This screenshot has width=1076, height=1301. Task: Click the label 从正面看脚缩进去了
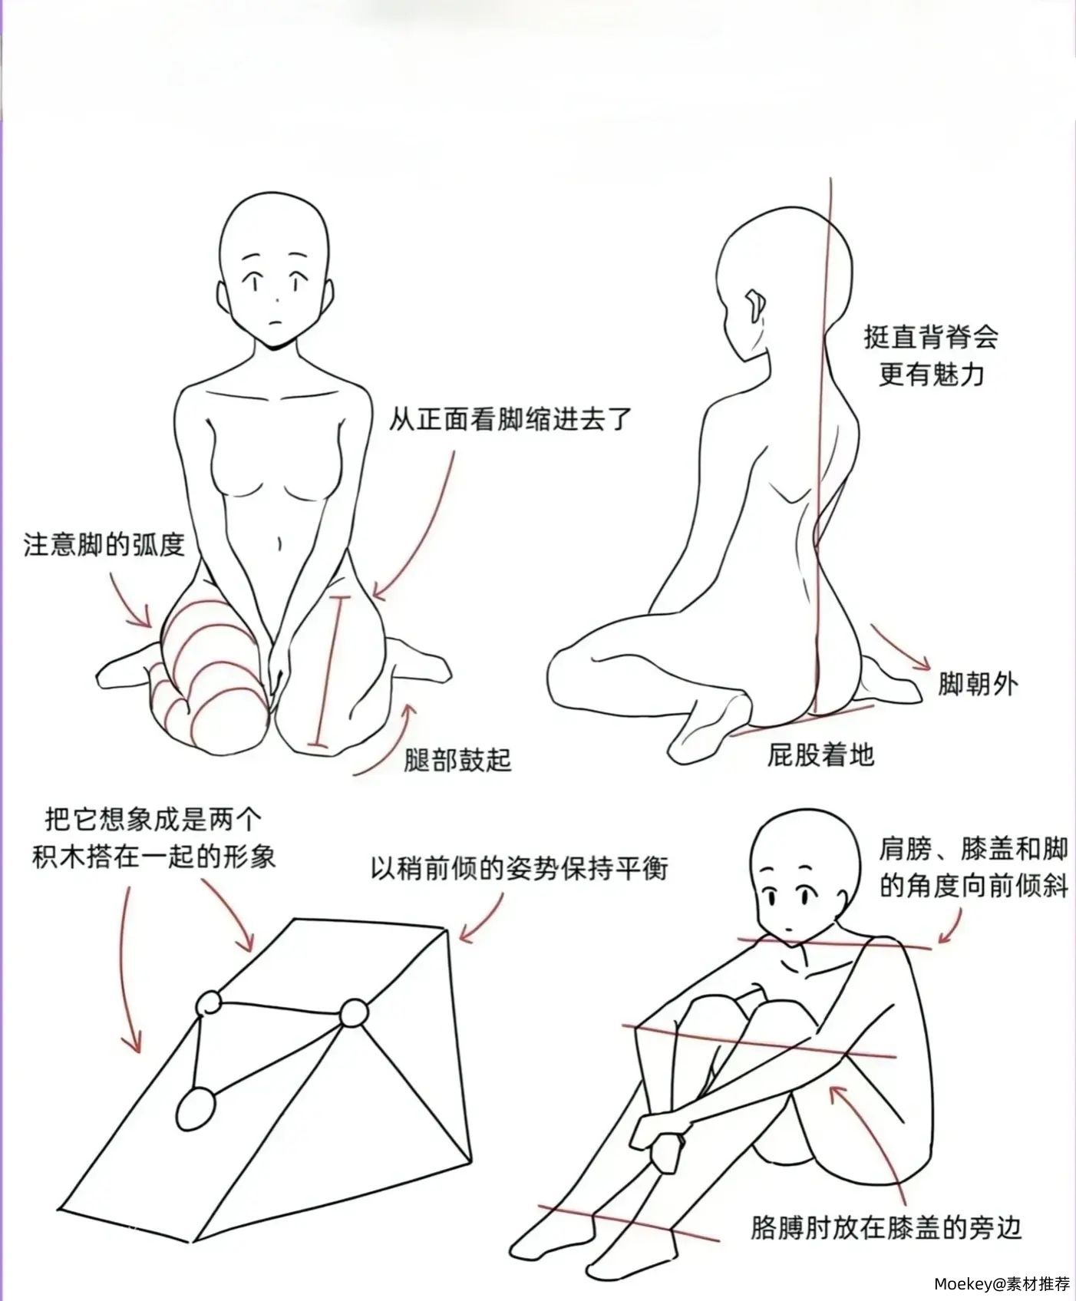pyautogui.click(x=510, y=419)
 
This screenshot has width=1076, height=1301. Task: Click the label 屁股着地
pyautogui.click(x=820, y=755)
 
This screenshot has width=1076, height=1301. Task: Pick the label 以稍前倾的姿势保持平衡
pyautogui.click(x=519, y=868)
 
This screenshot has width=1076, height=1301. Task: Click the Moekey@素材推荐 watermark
pyautogui.click(x=1002, y=1283)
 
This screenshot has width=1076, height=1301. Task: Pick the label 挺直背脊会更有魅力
pyautogui.click(x=930, y=355)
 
